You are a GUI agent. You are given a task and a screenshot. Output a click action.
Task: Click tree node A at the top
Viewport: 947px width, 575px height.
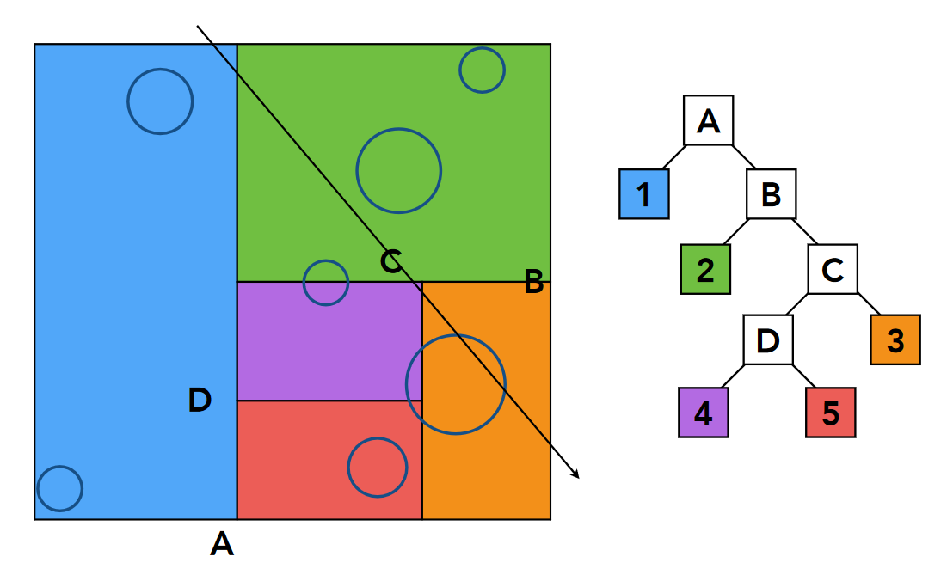[708, 120]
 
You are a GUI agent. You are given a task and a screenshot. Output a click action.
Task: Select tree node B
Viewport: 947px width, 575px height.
[771, 194]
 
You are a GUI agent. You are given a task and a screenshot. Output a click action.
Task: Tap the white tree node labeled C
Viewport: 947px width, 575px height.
[832, 269]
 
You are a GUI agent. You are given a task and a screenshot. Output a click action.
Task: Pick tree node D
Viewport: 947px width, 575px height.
[768, 339]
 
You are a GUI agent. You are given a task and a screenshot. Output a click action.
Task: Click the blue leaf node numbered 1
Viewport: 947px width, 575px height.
[644, 194]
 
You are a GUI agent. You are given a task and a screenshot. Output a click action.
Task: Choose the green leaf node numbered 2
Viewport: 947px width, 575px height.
[705, 269]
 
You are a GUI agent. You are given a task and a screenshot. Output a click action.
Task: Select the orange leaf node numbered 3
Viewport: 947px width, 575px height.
[895, 339]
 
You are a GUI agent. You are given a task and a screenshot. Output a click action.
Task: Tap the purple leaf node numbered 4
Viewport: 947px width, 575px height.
[704, 413]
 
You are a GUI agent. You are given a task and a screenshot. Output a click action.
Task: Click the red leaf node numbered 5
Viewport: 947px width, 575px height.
[831, 413]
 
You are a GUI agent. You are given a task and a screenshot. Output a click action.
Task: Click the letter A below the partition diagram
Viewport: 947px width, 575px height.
[222, 543]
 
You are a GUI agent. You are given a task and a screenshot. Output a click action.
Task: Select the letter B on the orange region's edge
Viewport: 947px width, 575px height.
[533, 281]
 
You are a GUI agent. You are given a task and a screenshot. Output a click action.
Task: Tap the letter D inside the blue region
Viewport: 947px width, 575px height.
[200, 400]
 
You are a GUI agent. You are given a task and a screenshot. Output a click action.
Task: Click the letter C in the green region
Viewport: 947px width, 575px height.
[391, 261]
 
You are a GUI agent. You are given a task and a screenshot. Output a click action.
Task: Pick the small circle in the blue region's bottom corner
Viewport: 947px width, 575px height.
[60, 488]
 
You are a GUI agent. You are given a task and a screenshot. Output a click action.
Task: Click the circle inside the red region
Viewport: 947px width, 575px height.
[377, 467]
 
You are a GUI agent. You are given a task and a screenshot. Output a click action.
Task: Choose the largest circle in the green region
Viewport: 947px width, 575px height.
[399, 170]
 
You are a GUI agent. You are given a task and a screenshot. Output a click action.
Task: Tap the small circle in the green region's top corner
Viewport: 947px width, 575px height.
[482, 70]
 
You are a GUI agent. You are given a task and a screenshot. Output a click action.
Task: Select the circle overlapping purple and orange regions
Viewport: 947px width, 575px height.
[456, 384]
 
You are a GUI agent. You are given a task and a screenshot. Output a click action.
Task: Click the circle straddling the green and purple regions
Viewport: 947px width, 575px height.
[326, 283]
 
